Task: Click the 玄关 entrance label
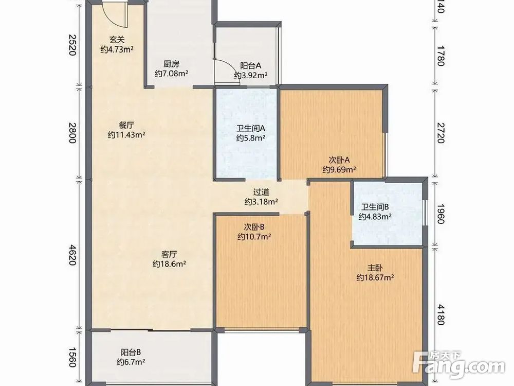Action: [x=117, y=40]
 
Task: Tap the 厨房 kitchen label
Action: [x=172, y=64]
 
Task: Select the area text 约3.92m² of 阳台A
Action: [x=251, y=76]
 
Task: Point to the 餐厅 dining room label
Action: [x=126, y=125]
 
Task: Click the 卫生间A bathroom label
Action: [x=251, y=128]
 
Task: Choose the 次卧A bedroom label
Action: [x=339, y=160]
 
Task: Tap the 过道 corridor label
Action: [x=261, y=191]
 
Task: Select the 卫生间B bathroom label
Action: [x=375, y=207]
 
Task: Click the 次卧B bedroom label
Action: [x=254, y=227]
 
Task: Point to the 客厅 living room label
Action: [x=169, y=254]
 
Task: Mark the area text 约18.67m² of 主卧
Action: [x=375, y=278]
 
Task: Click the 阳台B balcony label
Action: [x=131, y=353]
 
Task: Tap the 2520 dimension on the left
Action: [x=72, y=45]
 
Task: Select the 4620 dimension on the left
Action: [x=72, y=254]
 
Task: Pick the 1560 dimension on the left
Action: [x=72, y=358]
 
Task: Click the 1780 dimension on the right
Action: [x=441, y=57]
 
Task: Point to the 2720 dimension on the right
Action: [x=441, y=133]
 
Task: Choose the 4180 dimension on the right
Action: [x=441, y=314]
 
